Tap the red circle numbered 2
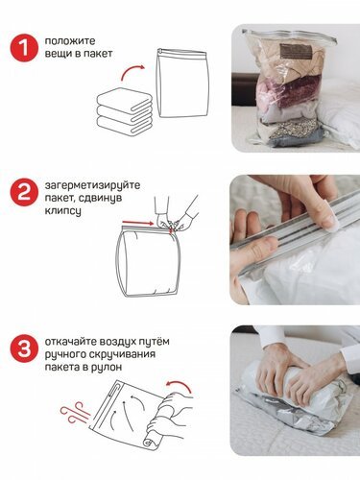24,192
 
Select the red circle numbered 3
24,348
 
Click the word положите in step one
70,41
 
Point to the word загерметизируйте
92,185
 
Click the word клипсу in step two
62,211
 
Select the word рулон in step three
107,367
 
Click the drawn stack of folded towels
125,111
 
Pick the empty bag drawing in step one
182,84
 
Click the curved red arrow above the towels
132,72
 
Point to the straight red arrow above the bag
138,223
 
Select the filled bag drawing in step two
147,261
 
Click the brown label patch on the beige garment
296,52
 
